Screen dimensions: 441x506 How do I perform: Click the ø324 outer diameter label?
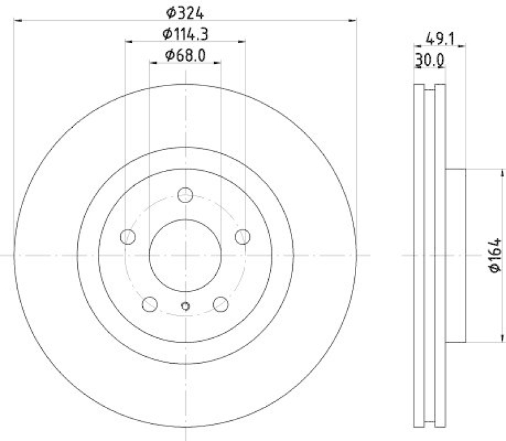(185, 12)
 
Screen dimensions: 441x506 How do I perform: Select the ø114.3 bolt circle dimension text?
(185, 34)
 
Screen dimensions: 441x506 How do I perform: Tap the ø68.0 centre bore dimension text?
(185, 55)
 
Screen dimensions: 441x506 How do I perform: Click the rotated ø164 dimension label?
(495, 256)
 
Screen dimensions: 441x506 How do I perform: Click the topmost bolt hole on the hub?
(185, 195)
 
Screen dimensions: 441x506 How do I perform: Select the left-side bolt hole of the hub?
(128, 237)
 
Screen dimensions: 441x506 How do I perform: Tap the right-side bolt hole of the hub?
(242, 237)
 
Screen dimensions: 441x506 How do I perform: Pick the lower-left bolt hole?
(150, 304)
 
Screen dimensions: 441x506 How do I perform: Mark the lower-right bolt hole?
(220, 304)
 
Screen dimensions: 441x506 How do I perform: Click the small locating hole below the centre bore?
(185, 306)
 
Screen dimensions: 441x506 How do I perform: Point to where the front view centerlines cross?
(185, 254)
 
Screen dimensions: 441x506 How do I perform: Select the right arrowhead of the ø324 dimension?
(354, 20)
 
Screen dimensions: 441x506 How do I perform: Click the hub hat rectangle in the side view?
(455, 256)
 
